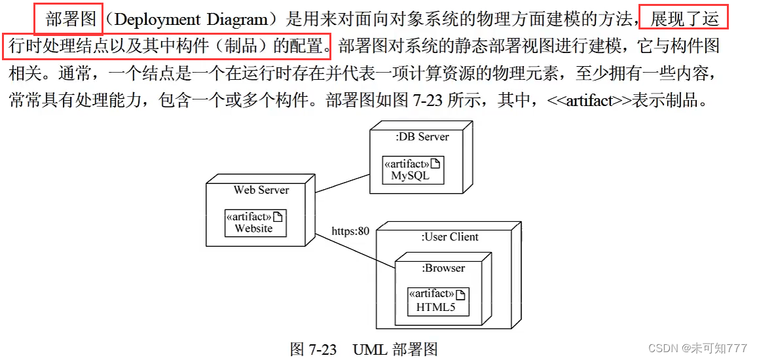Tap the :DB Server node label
pos(422,137)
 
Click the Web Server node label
pos(261,190)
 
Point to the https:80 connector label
pos(350,230)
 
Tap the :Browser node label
pos(443,268)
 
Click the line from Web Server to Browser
pos(357,247)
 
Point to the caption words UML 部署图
pos(395,349)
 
